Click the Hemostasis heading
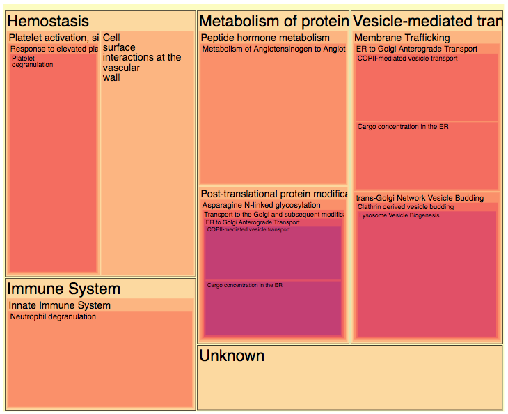click(48, 22)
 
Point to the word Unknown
click(232, 355)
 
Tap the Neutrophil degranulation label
click(53, 316)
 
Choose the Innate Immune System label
click(60, 305)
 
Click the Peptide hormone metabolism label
click(265, 38)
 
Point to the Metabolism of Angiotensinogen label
click(273, 49)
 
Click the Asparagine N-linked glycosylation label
click(262, 205)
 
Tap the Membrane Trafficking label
click(402, 38)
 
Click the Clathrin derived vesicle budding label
click(405, 207)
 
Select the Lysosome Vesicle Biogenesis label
click(399, 216)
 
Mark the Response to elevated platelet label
click(54, 49)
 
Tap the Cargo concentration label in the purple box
click(245, 285)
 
